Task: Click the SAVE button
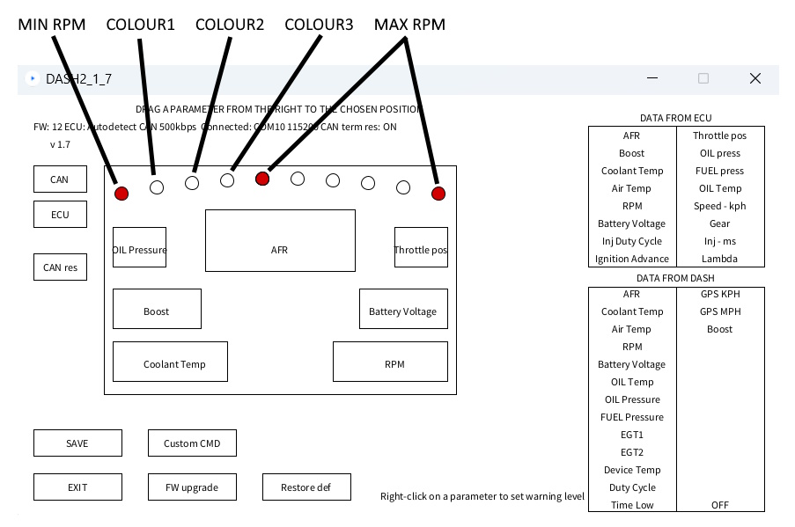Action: (77, 443)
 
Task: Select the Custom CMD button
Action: (192, 443)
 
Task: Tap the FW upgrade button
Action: (192, 487)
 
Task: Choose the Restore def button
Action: (306, 487)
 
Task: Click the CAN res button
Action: (60, 267)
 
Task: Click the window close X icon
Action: (755, 78)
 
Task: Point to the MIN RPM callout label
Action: (52, 25)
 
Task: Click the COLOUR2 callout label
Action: (230, 25)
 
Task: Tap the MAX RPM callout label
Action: (409, 25)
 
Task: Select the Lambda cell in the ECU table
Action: (720, 259)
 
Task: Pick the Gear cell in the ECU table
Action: (720, 223)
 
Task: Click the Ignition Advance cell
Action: (632, 259)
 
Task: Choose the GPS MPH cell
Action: (720, 311)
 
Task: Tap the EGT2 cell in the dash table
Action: (632, 452)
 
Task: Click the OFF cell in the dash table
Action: (720, 505)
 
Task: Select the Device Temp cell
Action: (632, 470)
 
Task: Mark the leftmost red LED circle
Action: (121, 194)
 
